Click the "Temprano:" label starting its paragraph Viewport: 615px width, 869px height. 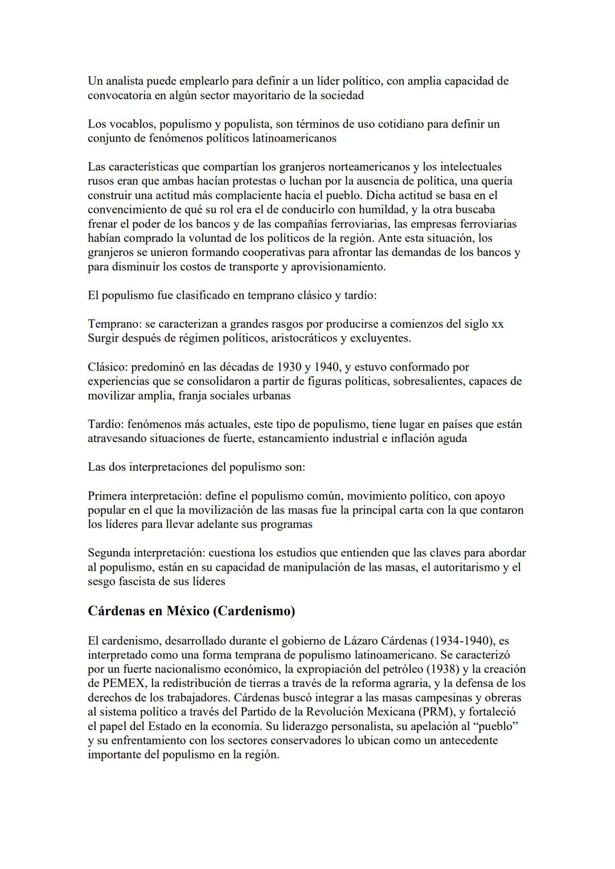[114, 324]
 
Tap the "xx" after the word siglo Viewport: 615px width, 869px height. [497, 324]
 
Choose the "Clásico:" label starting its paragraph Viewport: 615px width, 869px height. [108, 367]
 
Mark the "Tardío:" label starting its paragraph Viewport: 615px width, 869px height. [105, 424]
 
